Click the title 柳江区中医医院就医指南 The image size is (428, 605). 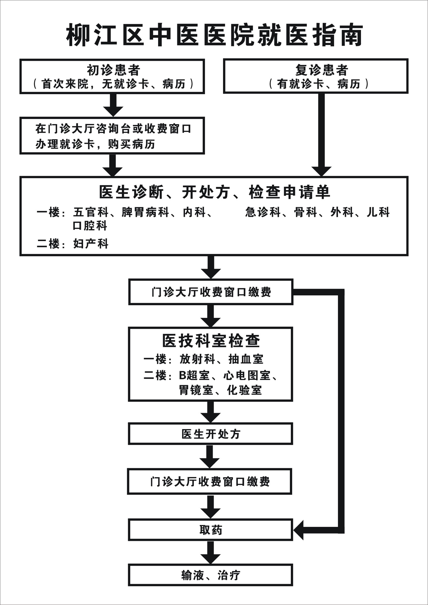(x=214, y=35)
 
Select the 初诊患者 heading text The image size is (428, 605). (x=113, y=70)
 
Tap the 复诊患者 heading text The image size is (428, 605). (x=322, y=70)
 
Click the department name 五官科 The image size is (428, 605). (x=91, y=212)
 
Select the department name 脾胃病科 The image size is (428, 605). (x=145, y=212)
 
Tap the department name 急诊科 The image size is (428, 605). (x=263, y=212)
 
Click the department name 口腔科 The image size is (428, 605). (x=90, y=226)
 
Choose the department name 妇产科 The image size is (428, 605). (x=91, y=243)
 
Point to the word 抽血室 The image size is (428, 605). (x=246, y=359)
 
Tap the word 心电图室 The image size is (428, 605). (x=247, y=376)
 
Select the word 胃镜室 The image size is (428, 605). (x=196, y=390)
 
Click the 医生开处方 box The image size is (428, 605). (x=210, y=434)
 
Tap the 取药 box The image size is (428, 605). (x=210, y=530)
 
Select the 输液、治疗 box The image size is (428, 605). (x=210, y=575)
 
